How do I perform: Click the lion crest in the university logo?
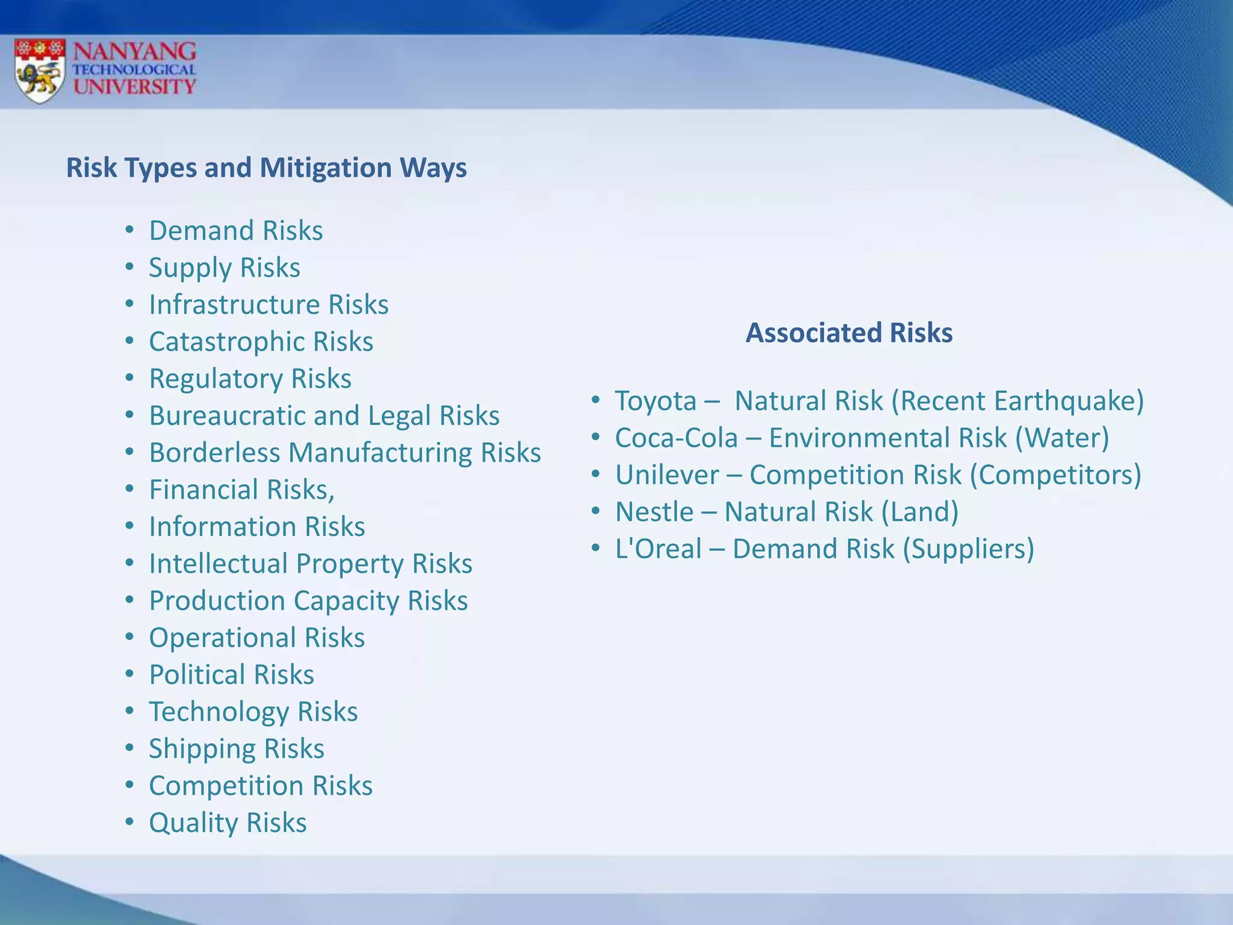(40, 71)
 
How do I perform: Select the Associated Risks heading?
(849, 332)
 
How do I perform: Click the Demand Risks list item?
(236, 231)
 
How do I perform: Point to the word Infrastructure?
(235, 305)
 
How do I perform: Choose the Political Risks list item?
(232, 674)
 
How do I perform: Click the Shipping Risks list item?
(237, 749)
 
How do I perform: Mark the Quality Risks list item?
(228, 823)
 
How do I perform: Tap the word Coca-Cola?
(676, 438)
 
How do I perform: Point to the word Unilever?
(666, 475)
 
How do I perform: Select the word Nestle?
(654, 512)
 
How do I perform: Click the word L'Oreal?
(658, 549)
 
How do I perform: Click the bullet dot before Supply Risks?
(129, 267)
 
